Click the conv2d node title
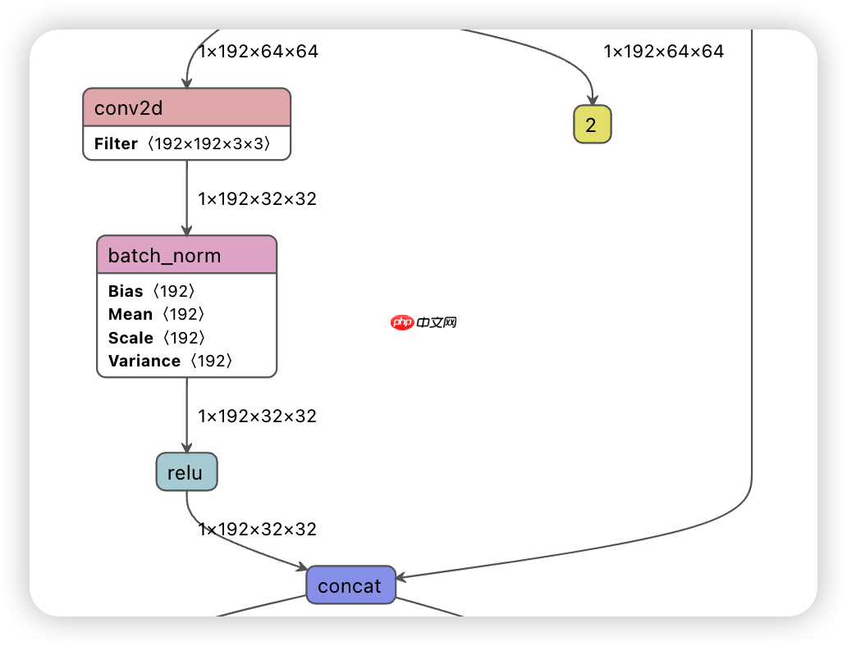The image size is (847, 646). [x=186, y=107]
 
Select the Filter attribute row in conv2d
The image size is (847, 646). [x=186, y=143]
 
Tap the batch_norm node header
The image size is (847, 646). [x=186, y=255]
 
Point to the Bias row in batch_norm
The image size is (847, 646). [x=152, y=291]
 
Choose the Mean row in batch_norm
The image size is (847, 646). [x=156, y=314]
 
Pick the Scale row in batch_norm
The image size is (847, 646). [x=156, y=338]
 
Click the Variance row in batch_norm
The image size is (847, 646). [x=171, y=361]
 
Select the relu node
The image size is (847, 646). [x=186, y=472]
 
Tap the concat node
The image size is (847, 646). [x=350, y=585]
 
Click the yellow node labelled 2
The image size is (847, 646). [x=592, y=125]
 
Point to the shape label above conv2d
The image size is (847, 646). [x=259, y=52]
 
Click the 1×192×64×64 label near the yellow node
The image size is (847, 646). [x=664, y=52]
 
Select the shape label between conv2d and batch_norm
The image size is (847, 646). [x=257, y=198]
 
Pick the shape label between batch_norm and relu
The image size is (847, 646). [x=257, y=416]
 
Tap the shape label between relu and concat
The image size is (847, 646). [x=257, y=529]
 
